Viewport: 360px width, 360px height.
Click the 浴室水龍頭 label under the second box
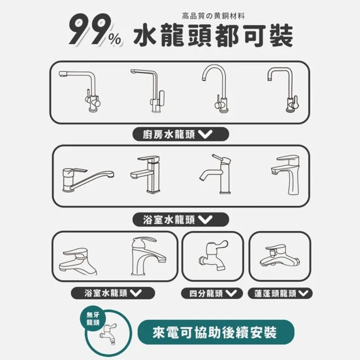tap(174, 219)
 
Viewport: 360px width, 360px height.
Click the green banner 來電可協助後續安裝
tap(215, 332)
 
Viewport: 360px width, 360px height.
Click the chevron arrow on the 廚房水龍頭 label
tap(205, 134)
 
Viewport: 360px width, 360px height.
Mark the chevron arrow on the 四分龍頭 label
tap(232, 293)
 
